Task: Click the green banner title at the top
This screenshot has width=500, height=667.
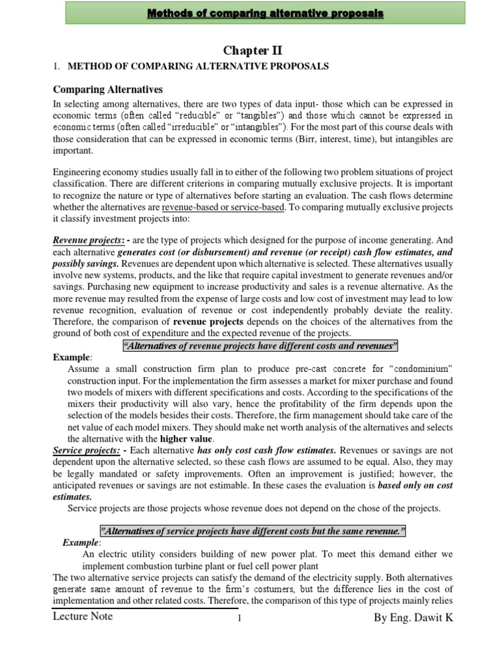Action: click(253, 14)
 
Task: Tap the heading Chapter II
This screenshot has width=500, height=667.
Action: click(251, 51)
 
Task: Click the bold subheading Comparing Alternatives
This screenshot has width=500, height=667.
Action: click(107, 89)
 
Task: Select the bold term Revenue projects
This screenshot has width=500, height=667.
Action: click(81, 240)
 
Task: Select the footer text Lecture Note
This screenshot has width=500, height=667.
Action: click(83, 616)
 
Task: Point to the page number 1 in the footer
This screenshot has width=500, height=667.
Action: click(240, 619)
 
